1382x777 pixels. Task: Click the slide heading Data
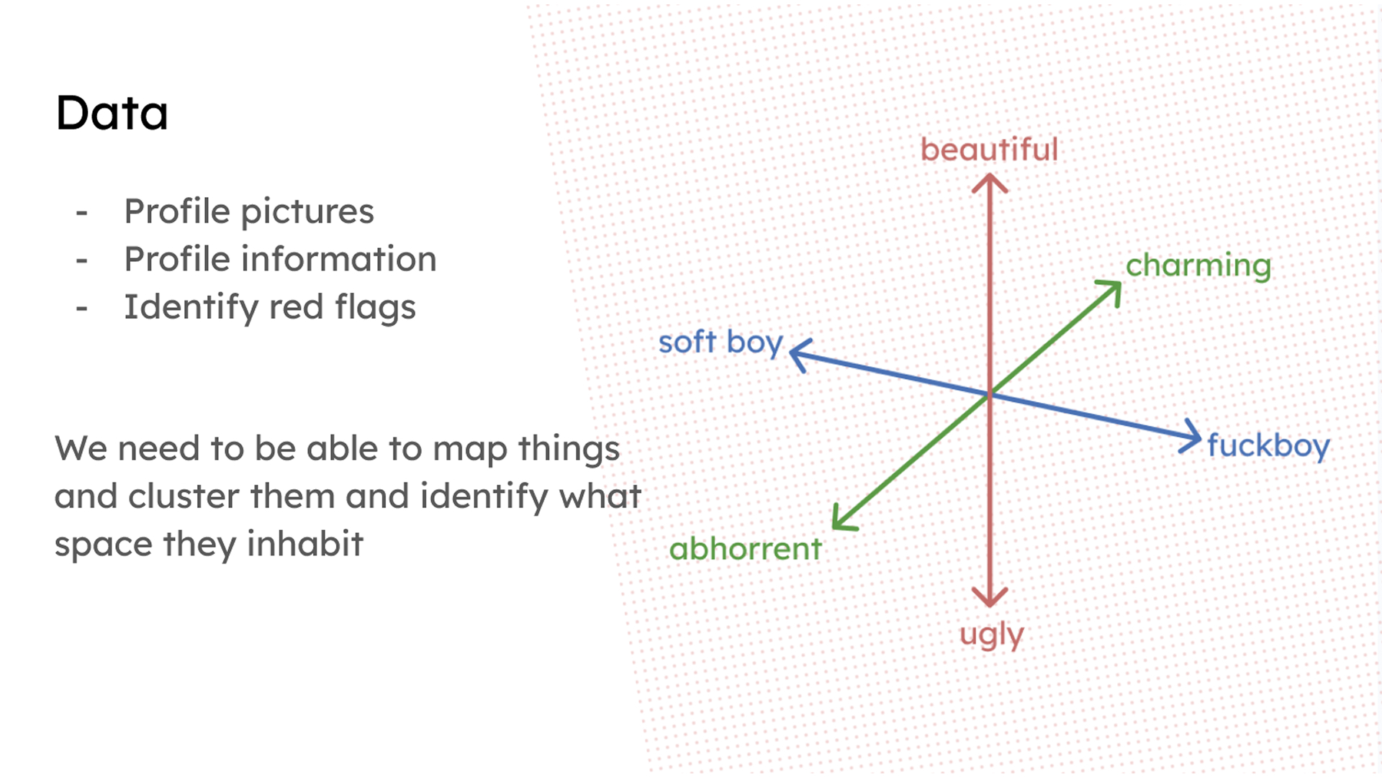(x=112, y=114)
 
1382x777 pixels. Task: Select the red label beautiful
(x=989, y=150)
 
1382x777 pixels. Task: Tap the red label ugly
(x=991, y=635)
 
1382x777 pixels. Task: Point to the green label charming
(x=1198, y=266)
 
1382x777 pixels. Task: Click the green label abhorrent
(x=745, y=550)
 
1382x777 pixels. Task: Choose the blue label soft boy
(x=721, y=342)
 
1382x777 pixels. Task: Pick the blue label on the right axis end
(x=1268, y=445)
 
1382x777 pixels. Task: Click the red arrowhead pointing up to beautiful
(x=990, y=181)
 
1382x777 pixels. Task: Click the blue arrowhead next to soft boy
(x=799, y=353)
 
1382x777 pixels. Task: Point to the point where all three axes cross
(x=990, y=394)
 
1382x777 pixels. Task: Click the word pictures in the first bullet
(x=307, y=212)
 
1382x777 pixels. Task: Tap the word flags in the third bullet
(x=375, y=308)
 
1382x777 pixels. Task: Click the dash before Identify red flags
(x=82, y=308)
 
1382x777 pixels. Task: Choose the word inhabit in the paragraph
(x=304, y=544)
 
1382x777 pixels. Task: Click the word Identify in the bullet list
(x=191, y=308)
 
